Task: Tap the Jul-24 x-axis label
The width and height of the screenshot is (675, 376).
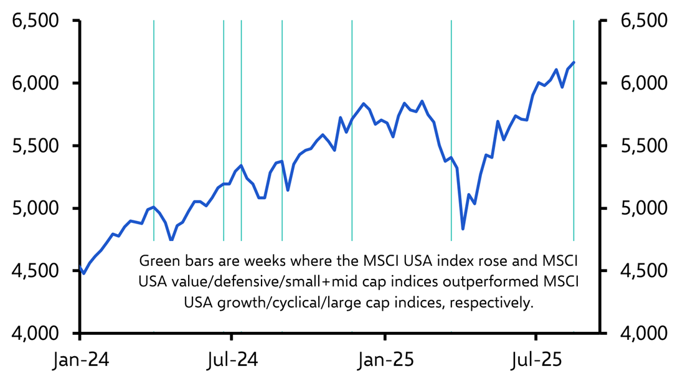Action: (232, 360)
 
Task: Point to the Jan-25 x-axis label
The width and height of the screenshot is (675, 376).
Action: (385, 360)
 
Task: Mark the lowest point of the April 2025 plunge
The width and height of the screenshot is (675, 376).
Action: (463, 229)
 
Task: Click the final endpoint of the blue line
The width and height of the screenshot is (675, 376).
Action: (574, 62)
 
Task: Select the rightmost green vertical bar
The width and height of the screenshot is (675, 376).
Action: (574, 156)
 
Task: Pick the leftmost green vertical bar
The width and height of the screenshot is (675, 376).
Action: (154, 125)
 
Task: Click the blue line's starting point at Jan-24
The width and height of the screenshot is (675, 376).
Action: (80, 266)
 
